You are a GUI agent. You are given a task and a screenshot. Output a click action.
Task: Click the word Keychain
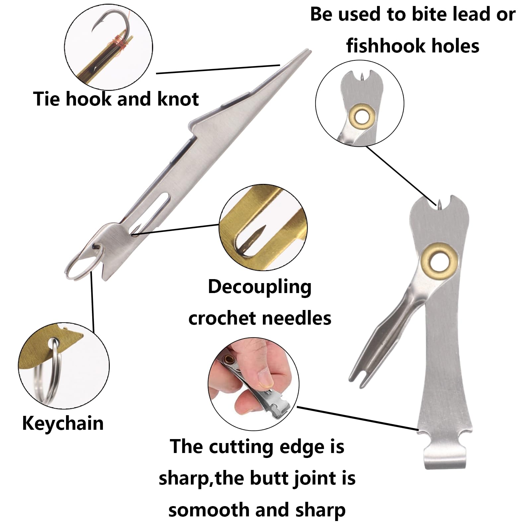click(x=63, y=424)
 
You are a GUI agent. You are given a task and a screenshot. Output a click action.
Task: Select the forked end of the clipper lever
click(x=360, y=371)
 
